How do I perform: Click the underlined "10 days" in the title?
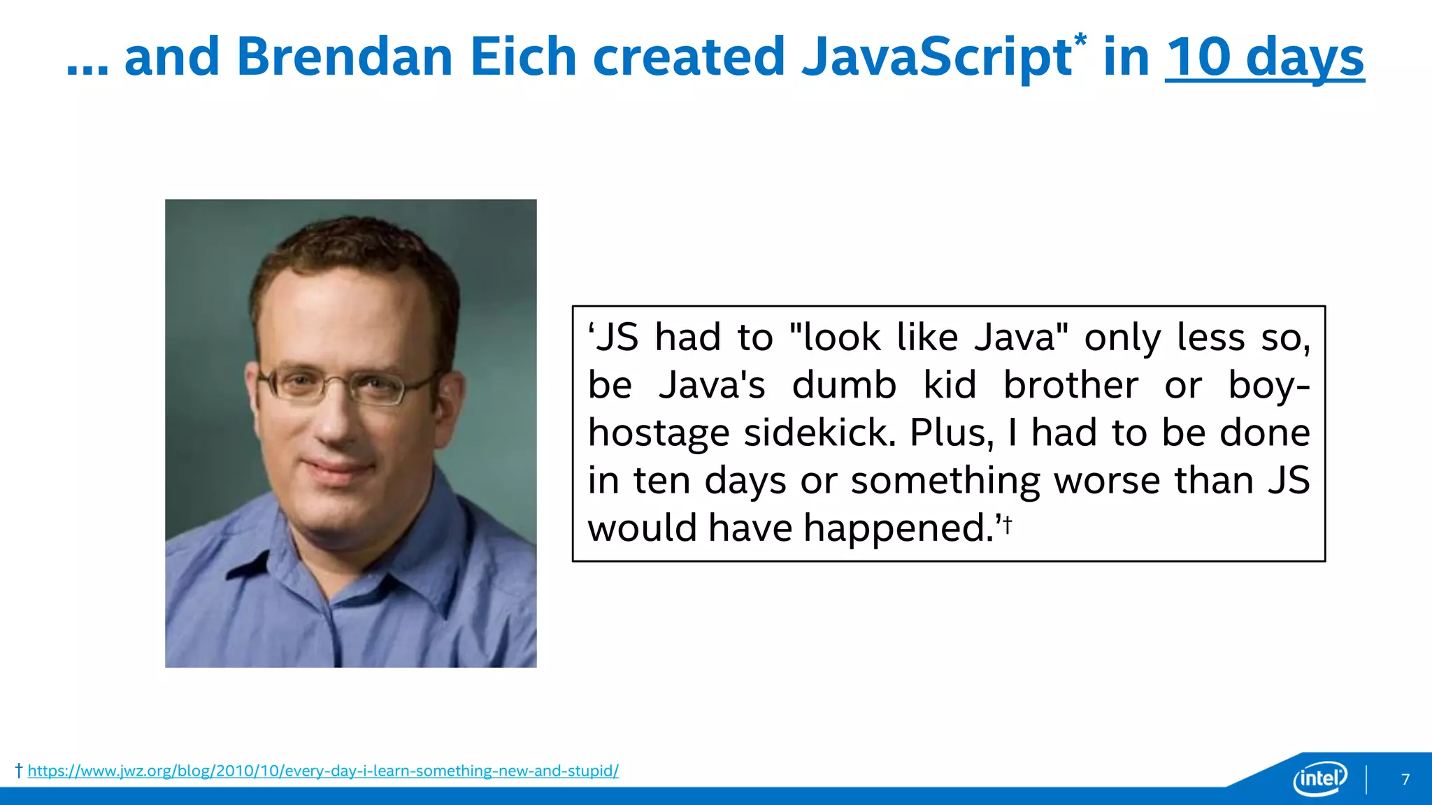(1264, 59)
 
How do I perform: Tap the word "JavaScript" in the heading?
(937, 59)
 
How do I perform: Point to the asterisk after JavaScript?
(1081, 41)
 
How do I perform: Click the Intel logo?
(1320, 778)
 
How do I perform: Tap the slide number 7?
(1405, 779)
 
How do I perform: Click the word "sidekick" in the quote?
(819, 433)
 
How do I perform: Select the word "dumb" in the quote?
(844, 385)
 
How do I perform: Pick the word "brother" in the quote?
(1071, 385)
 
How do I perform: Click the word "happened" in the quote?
(898, 528)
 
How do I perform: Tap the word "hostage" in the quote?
(659, 434)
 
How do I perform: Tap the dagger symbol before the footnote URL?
(19, 771)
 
